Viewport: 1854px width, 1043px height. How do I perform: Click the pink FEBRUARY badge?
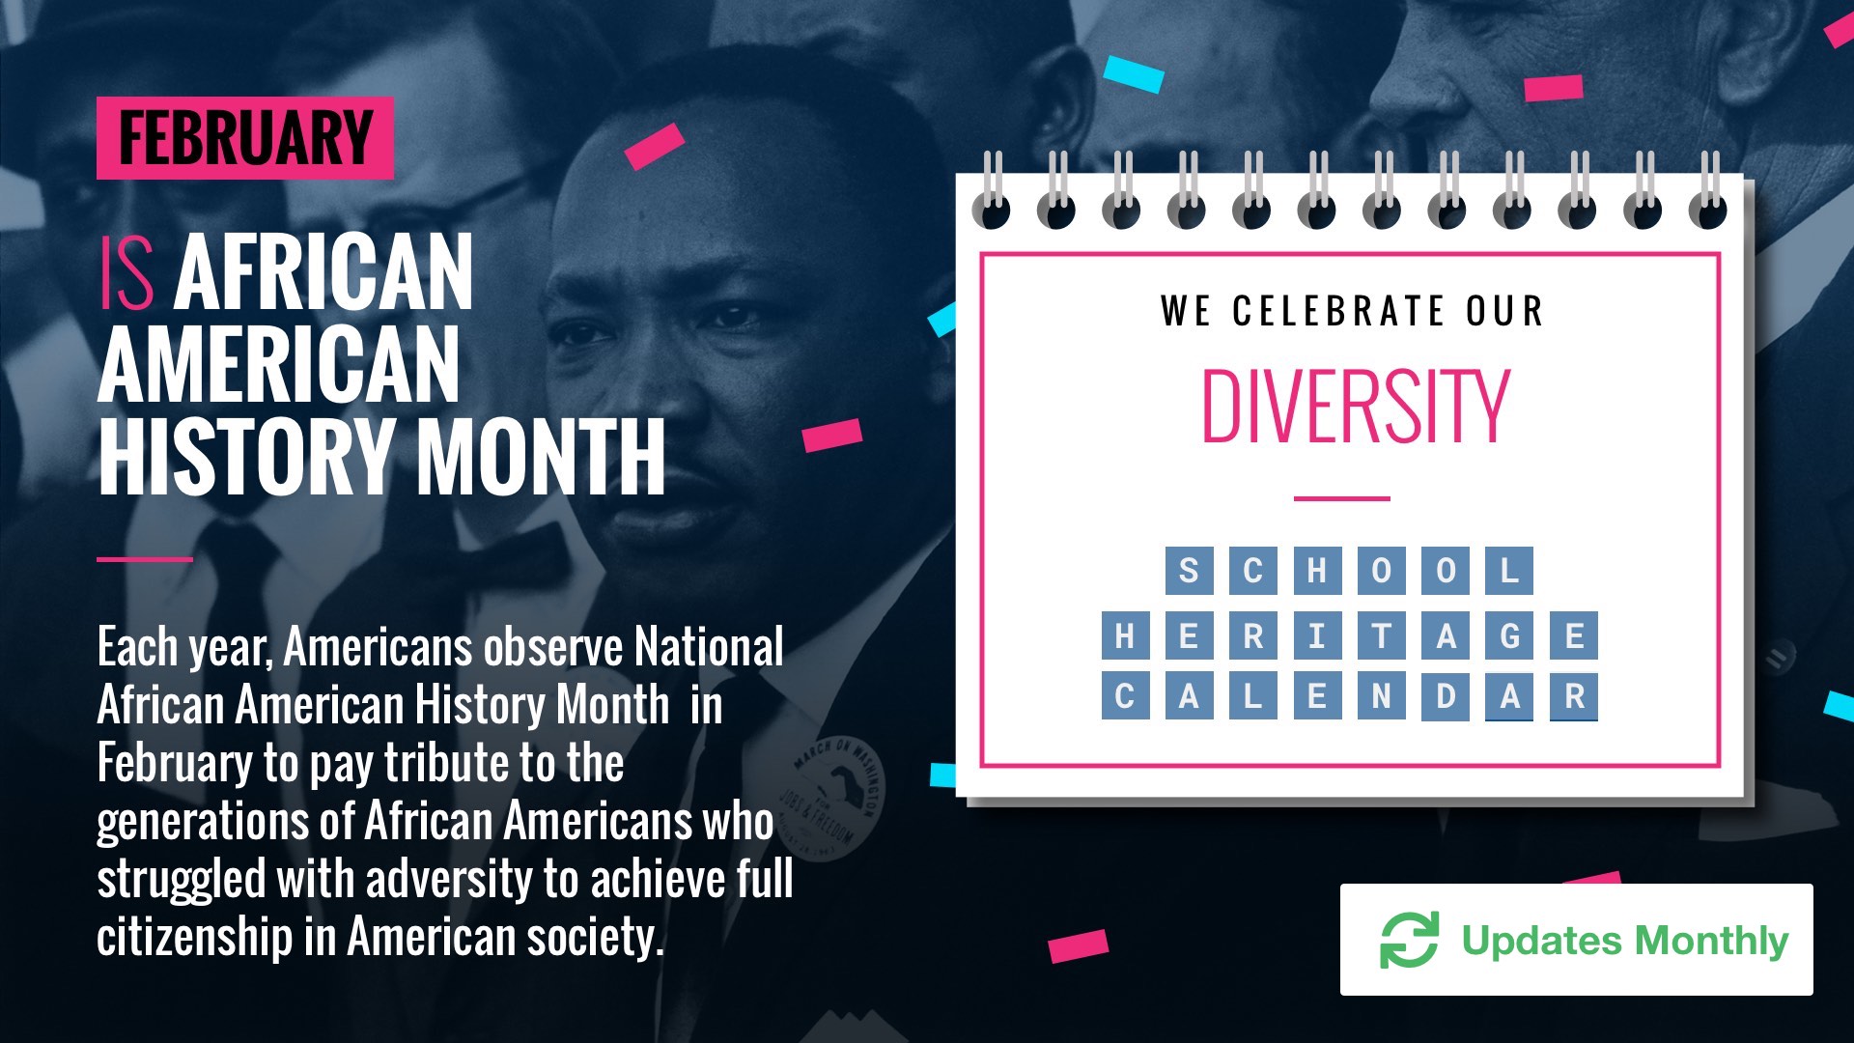245,138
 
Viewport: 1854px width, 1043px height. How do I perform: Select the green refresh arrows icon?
1409,940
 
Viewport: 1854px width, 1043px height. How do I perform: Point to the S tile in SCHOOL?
1189,571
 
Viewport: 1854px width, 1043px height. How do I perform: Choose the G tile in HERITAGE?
1510,636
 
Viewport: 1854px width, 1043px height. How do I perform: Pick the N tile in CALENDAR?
1381,696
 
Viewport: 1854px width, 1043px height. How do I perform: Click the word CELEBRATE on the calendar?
1337,311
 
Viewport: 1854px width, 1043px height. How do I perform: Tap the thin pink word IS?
126,274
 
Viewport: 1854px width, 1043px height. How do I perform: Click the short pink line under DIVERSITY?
1341,498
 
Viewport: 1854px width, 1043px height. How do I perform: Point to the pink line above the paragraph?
145,559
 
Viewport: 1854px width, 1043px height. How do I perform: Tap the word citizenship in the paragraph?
194,937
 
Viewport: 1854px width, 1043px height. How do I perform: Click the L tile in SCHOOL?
1509,571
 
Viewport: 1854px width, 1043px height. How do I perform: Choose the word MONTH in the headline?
541,457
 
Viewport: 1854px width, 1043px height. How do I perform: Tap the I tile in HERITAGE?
1317,636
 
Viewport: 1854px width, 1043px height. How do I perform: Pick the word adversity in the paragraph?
449,880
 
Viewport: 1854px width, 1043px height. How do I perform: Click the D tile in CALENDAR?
1446,696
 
